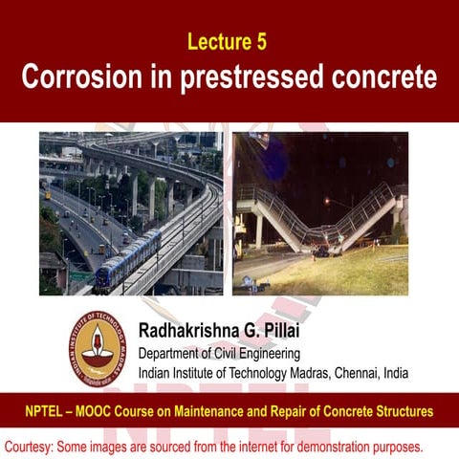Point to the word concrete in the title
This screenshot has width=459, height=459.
386,77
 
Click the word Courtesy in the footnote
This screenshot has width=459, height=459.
30,447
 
